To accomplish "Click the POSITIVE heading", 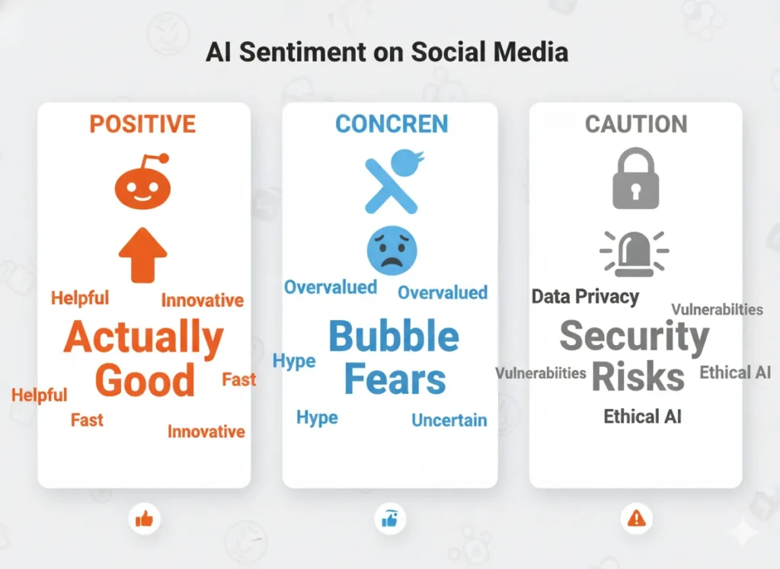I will pyautogui.click(x=142, y=123).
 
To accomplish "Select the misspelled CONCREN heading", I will pyautogui.click(x=392, y=123).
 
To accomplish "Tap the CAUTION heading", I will pyautogui.click(x=635, y=124).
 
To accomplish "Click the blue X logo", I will pyautogui.click(x=391, y=182).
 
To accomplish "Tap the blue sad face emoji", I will pyautogui.click(x=391, y=250).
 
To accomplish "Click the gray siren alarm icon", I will pyautogui.click(x=635, y=252).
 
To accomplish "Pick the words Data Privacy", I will pyautogui.click(x=585, y=296).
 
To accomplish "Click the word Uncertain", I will pyautogui.click(x=449, y=420).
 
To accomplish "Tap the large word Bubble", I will pyautogui.click(x=394, y=337).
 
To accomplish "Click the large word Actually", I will pyautogui.click(x=143, y=337).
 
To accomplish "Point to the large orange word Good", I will pyautogui.click(x=145, y=379).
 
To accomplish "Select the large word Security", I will pyautogui.click(x=635, y=337).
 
